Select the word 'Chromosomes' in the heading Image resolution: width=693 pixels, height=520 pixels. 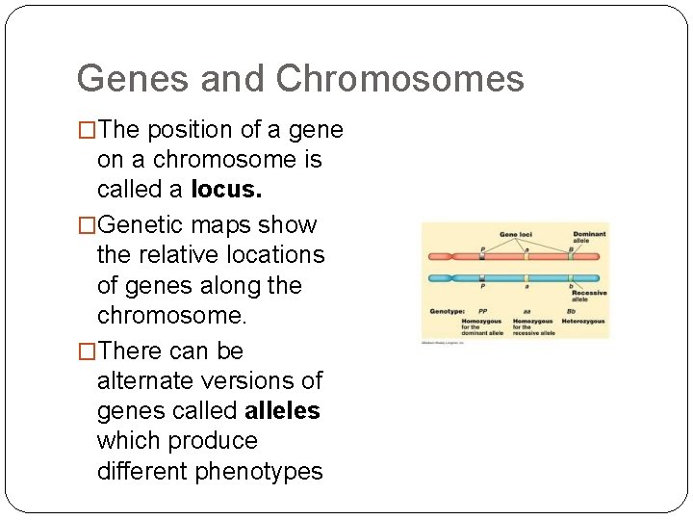399,79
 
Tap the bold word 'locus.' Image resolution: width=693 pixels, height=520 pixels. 226,190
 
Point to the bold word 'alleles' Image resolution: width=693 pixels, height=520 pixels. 282,411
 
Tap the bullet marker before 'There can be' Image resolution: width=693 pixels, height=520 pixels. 87,351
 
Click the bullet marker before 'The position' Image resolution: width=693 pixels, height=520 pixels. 87,130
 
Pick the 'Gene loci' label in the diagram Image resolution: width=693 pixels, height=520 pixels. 516,235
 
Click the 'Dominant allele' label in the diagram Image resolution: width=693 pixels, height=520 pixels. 589,237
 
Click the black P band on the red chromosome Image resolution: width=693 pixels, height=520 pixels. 482,257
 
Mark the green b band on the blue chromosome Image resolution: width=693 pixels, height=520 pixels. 572,277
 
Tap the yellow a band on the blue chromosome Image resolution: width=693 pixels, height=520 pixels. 526,277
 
